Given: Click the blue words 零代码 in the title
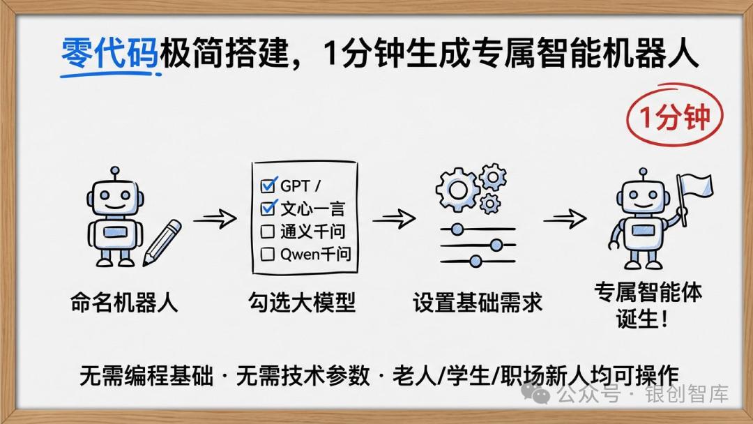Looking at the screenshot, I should [110, 54].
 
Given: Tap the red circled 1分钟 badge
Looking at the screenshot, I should [674, 117].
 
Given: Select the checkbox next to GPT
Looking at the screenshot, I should [268, 186].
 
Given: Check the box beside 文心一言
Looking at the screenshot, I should [268, 209].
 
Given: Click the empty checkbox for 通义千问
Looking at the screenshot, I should [268, 232].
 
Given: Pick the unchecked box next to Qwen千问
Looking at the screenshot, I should [268, 255].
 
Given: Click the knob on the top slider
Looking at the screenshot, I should [457, 229].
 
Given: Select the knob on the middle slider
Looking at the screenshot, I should [496, 245].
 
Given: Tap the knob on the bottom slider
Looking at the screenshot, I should [476, 262].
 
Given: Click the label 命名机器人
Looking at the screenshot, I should [124, 303].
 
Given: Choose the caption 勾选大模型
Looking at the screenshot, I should [302, 303].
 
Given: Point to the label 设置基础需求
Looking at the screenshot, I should [478, 303].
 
